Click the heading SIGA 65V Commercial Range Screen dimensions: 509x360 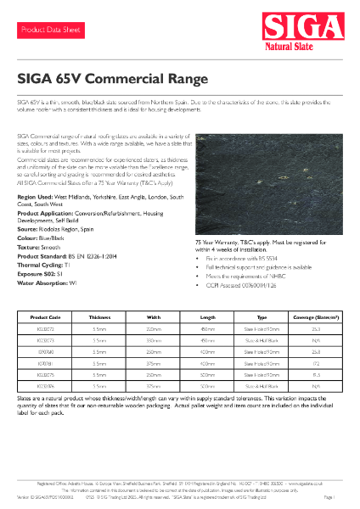(x=112, y=79)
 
